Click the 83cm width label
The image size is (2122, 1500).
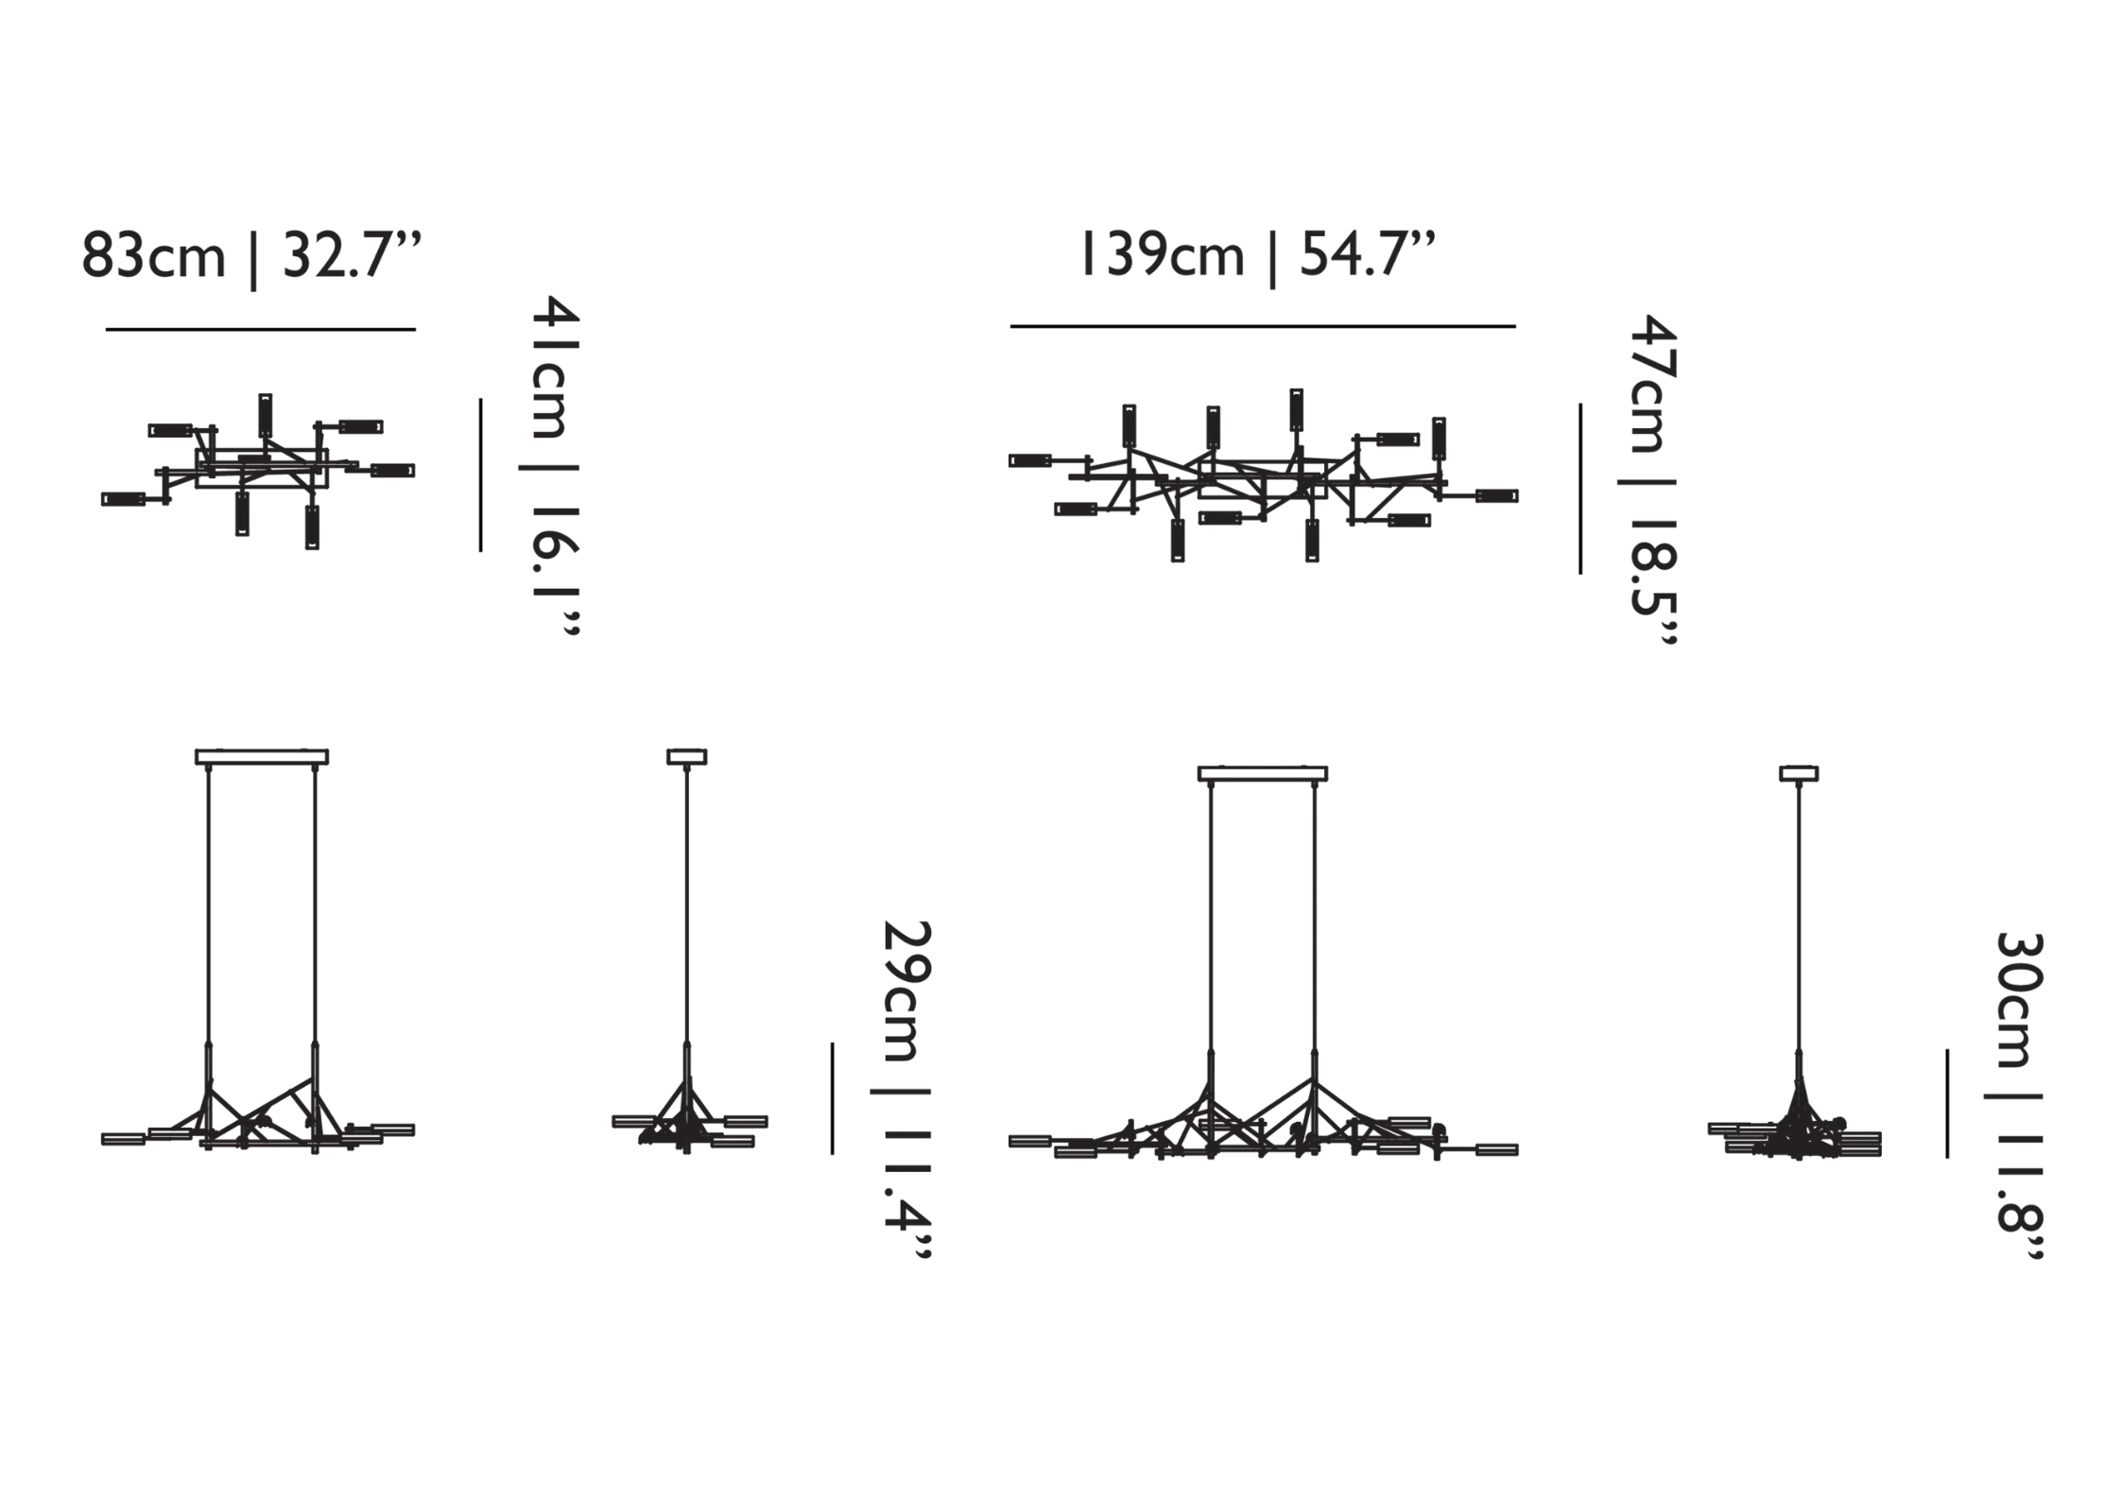tap(154, 256)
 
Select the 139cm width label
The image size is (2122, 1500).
tap(1162, 255)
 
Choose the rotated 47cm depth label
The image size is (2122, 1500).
tap(1651, 384)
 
